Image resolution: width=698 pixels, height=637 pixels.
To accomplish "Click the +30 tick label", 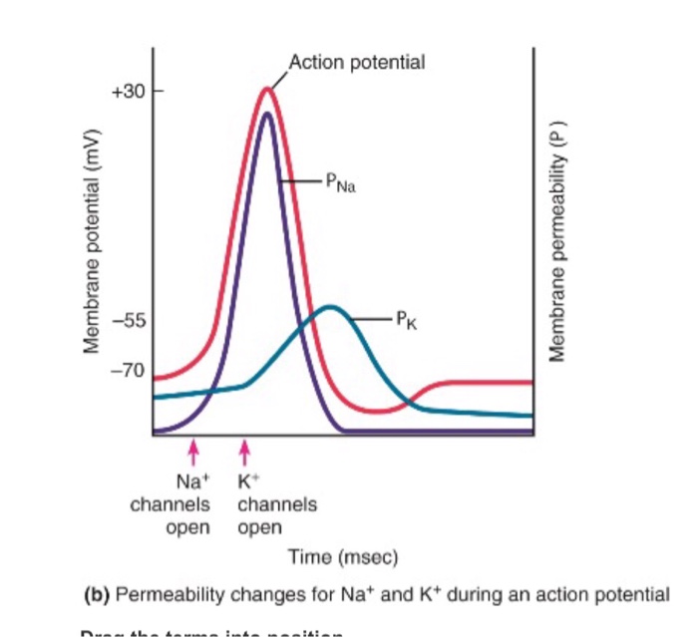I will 130,91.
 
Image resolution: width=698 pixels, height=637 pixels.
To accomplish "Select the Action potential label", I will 357,62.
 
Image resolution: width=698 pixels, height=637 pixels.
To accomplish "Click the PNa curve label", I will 335,182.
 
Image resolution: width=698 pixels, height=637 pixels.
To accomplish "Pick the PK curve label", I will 400,321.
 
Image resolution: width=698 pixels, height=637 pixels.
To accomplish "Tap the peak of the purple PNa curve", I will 266,114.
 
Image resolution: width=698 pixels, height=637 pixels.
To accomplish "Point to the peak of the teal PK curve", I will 331,307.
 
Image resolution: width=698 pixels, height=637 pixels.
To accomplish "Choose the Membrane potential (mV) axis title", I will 95,240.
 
